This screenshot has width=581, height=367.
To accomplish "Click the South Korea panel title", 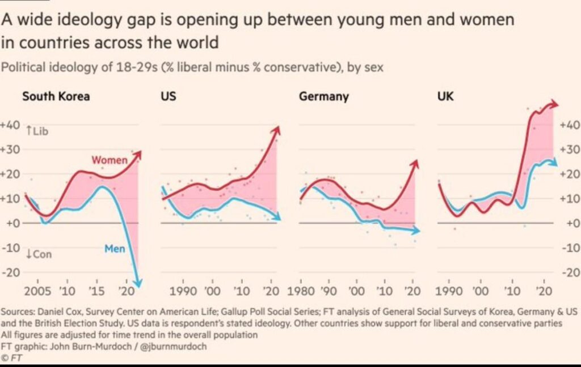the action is (x=56, y=96).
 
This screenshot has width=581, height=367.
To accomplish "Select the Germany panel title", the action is (x=324, y=96).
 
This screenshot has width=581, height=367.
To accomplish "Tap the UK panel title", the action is (x=445, y=96).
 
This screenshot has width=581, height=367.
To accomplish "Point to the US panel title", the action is (x=168, y=96).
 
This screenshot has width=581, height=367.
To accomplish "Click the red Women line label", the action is (x=110, y=160).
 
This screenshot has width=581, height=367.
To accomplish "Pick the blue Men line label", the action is (x=115, y=249).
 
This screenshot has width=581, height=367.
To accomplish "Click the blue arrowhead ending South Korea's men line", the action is (x=137, y=283).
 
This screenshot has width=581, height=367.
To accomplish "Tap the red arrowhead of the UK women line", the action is (x=553, y=104).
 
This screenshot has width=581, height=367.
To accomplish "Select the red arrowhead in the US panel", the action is (x=276, y=131).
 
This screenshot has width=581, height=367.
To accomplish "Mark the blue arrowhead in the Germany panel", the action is (x=416, y=231).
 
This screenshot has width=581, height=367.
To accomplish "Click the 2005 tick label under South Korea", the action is (x=37, y=291).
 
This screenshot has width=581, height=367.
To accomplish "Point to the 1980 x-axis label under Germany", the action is (x=301, y=291).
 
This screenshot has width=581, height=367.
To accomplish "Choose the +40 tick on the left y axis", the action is (x=10, y=125).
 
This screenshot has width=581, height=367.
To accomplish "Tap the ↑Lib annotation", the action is (x=37, y=131).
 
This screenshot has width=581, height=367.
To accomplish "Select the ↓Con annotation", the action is (x=39, y=254).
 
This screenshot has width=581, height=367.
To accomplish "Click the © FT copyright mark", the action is (x=11, y=358).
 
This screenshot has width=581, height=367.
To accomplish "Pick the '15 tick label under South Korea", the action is (x=96, y=291).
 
